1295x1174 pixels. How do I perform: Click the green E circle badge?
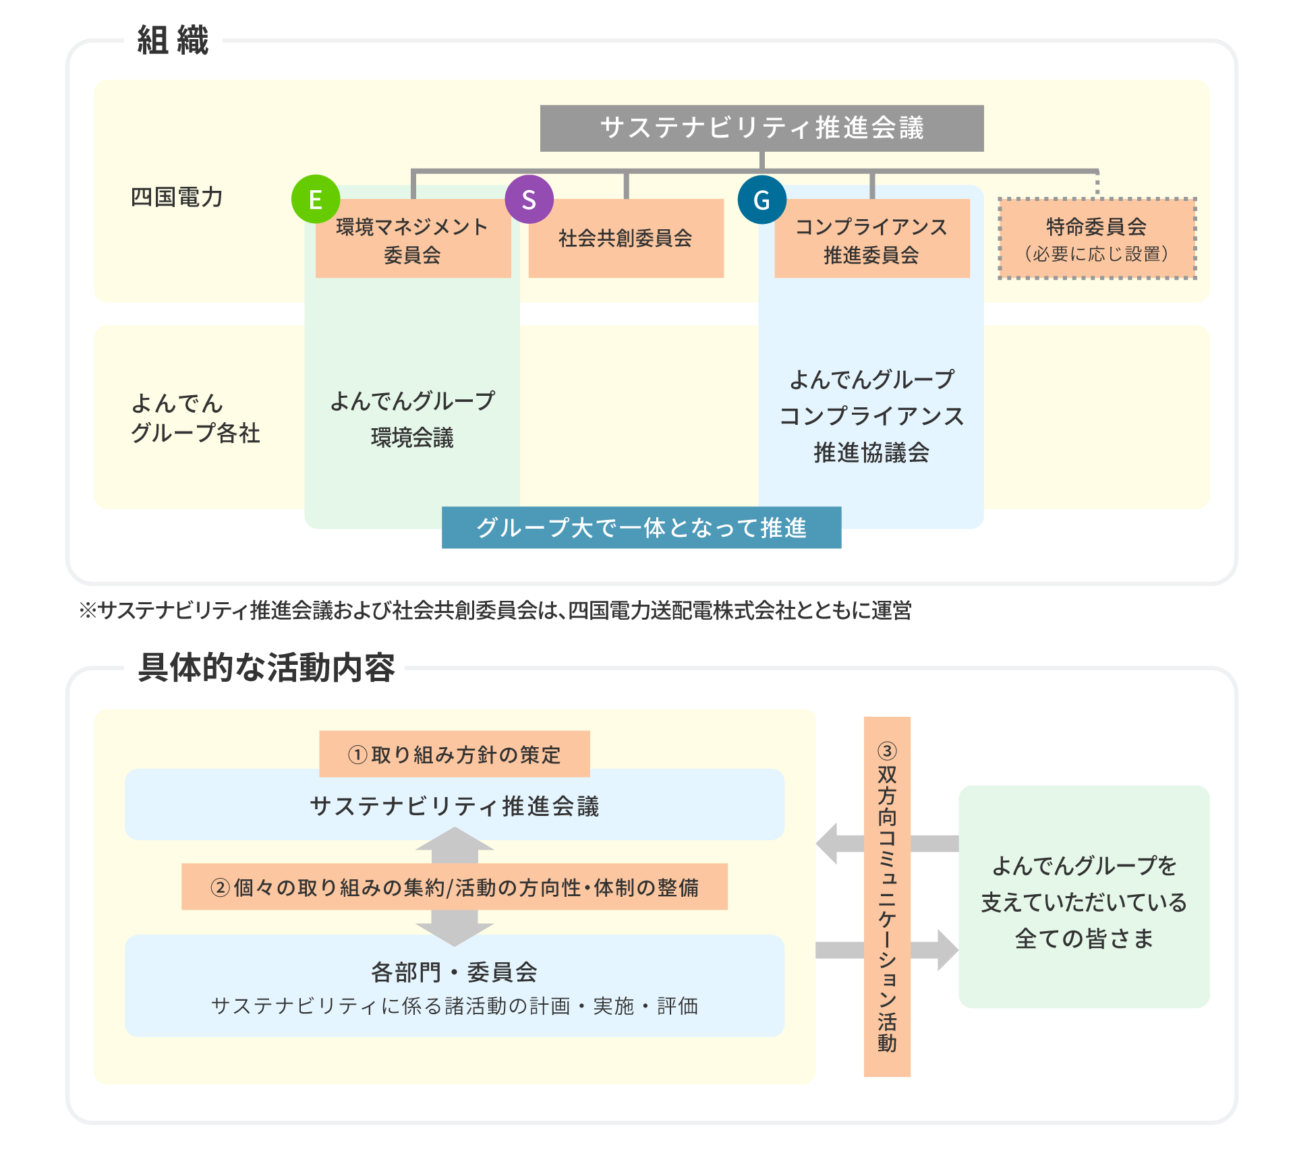[x=315, y=199]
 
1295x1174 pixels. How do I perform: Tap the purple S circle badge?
[x=529, y=199]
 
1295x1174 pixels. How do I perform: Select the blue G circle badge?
[x=761, y=200]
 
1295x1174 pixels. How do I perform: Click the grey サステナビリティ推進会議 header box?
[x=761, y=128]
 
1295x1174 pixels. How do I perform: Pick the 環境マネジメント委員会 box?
[x=413, y=241]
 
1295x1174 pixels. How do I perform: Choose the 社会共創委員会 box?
[x=626, y=238]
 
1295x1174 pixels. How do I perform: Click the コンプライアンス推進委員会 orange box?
[x=871, y=241]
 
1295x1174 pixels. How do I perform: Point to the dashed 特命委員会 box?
[x=1097, y=239]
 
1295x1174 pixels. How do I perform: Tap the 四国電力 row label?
[x=177, y=198]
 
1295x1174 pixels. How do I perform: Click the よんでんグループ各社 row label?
[x=195, y=418]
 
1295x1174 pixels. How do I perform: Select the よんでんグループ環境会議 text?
[x=412, y=419]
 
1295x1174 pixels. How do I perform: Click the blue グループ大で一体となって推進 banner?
[x=641, y=528]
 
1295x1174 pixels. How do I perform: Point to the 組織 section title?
[x=173, y=40]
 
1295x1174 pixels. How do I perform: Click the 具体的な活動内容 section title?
[x=265, y=668]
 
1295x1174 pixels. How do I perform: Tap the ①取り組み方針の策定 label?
[x=455, y=755]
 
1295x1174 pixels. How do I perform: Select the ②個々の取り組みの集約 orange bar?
[x=455, y=887]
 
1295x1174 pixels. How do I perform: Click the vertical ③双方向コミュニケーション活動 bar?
[x=887, y=897]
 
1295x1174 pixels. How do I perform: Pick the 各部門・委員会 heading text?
[x=455, y=972]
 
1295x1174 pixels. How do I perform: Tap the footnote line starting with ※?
[x=495, y=611]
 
